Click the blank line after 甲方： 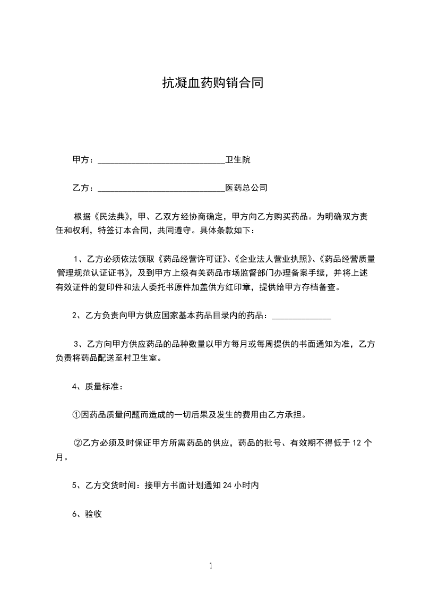(161, 160)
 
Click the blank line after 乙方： (161, 188)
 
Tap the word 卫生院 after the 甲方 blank (238, 159)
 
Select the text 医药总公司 (246, 188)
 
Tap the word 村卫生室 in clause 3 (140, 358)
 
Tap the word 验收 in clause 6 (93, 513)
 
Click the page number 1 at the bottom (211, 566)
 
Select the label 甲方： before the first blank (83, 160)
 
